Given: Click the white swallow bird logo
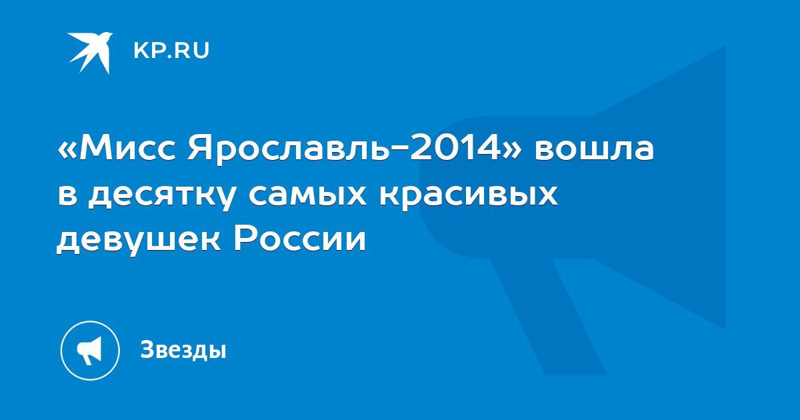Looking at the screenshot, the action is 90,53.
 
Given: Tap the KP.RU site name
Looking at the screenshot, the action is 171,51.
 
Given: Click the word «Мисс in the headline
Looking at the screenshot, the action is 117,147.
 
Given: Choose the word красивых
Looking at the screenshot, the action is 469,197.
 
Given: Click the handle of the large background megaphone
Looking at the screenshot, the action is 549,317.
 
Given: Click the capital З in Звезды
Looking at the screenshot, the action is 148,349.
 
